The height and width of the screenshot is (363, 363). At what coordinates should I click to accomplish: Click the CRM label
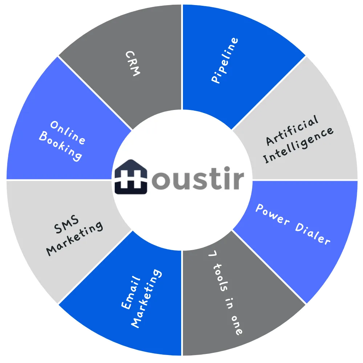pyautogui.click(x=132, y=63)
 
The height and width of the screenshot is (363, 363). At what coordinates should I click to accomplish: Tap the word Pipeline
pyautogui.click(x=225, y=60)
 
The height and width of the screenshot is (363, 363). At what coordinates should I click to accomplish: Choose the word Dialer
pyautogui.click(x=313, y=234)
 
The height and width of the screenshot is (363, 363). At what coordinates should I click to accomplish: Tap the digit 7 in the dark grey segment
pyautogui.click(x=212, y=255)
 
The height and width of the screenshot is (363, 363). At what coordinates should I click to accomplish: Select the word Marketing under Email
pyautogui.click(x=146, y=298)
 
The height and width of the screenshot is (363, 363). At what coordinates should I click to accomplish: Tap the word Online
pyautogui.click(x=68, y=132)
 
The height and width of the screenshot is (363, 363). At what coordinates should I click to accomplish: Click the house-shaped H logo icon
pyautogui.click(x=131, y=177)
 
